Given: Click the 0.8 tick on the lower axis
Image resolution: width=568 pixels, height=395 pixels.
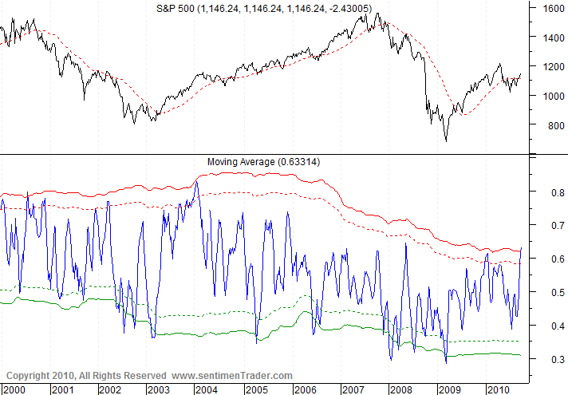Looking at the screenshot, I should coord(549,192).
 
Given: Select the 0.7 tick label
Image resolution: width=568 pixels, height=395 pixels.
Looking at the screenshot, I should coord(549,226).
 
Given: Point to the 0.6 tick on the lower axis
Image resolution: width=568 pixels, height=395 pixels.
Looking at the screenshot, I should coord(549,259).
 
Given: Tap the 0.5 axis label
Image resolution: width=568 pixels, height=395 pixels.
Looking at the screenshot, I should coord(549,293).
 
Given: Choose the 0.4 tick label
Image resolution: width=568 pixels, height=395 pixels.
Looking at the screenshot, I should coord(549,326).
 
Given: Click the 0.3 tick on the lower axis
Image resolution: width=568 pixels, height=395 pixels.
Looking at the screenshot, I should coord(549,360).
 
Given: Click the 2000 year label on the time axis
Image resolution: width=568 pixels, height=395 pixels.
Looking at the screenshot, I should coord(14,389).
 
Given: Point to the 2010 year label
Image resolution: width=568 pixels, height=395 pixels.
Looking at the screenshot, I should coord(498,389).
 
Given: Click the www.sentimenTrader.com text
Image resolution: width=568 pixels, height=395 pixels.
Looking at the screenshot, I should coord(231,375).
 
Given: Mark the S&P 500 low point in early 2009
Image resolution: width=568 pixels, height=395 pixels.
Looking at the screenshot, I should coord(445,140).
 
